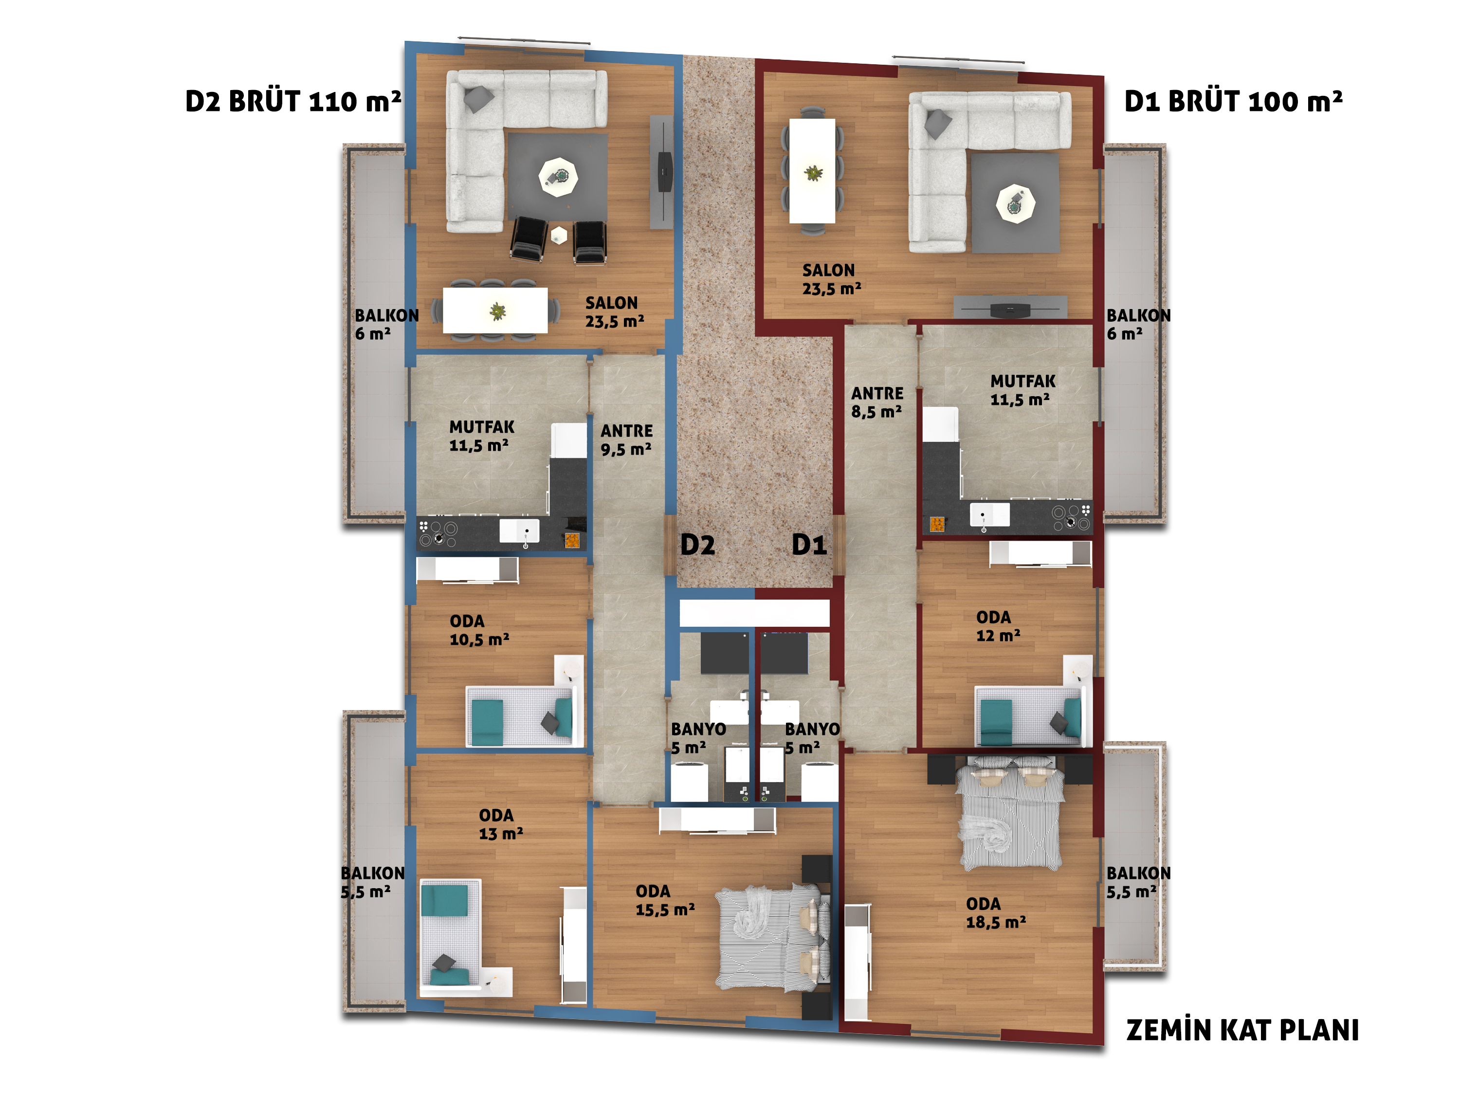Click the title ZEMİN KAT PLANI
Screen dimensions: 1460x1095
coord(1242,1030)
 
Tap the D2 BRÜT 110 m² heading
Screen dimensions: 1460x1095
coord(293,101)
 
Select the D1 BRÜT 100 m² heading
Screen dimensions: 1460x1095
coord(1233,101)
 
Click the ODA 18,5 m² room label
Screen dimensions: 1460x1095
coord(995,913)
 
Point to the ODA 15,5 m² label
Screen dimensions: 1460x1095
coord(665,900)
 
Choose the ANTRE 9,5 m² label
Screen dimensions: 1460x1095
coord(626,439)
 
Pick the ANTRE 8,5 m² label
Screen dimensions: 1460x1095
coord(877,402)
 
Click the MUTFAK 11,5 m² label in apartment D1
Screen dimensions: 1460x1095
coord(1022,390)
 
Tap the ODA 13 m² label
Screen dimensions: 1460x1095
coord(501,824)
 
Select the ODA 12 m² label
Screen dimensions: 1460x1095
coord(998,626)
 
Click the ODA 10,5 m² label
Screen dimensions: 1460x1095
coord(479,630)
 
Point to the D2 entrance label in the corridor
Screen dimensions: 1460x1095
coord(698,545)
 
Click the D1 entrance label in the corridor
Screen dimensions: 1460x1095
coord(809,545)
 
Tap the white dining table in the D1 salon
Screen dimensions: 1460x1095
coord(813,171)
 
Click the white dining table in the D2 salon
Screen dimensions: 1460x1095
coord(495,310)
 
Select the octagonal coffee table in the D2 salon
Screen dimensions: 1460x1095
coord(558,177)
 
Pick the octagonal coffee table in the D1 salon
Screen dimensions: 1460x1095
coord(1015,203)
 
